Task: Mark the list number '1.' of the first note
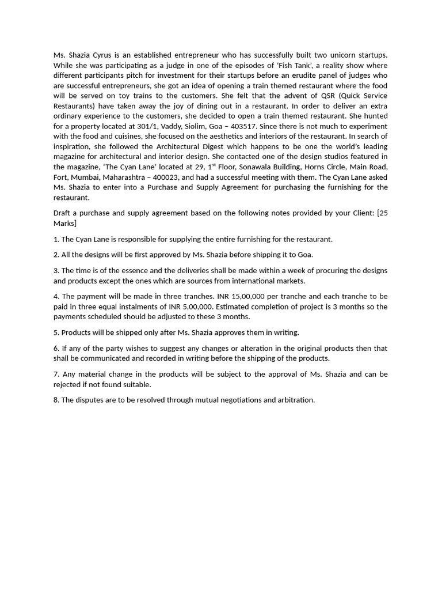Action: tap(56, 239)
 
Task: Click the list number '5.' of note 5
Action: tap(56, 332)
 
